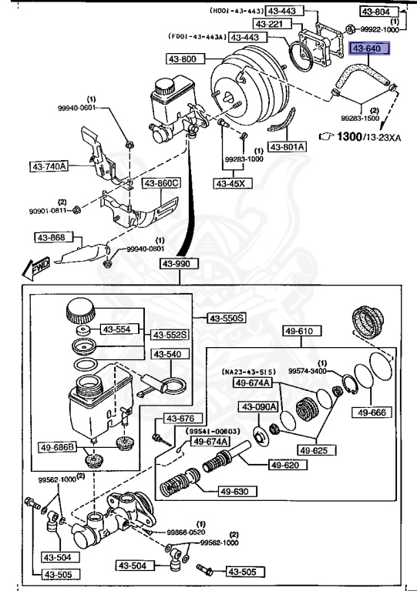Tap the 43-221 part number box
(270, 25)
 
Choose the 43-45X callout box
(231, 183)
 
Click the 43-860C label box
(160, 183)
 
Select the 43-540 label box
(166, 355)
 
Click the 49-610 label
(305, 332)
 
